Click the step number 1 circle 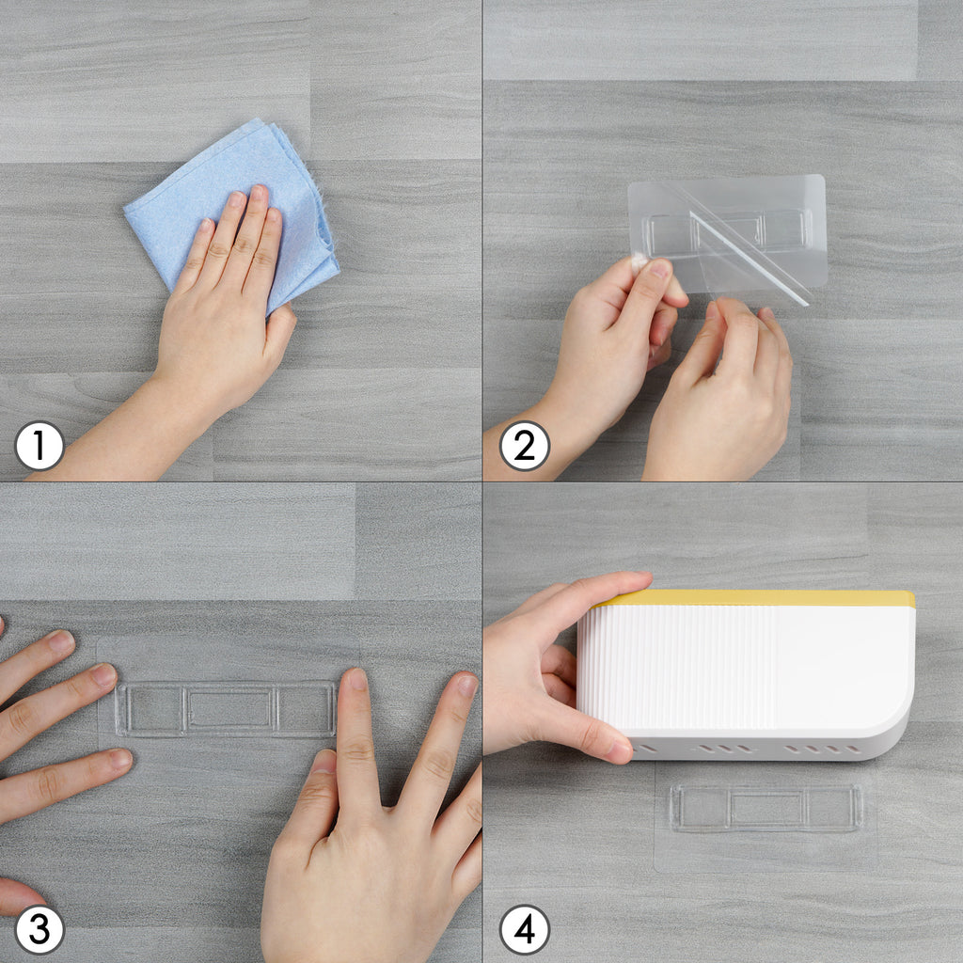[39, 446]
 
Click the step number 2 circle [525, 446]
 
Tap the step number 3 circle [39, 930]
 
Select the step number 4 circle [525, 930]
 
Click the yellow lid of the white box [755, 598]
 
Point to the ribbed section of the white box [675, 667]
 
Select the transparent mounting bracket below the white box [766, 808]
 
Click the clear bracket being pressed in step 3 [226, 709]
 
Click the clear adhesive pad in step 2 [727, 232]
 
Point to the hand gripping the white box [553, 663]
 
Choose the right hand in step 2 [718, 393]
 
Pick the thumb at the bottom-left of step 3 [19, 895]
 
